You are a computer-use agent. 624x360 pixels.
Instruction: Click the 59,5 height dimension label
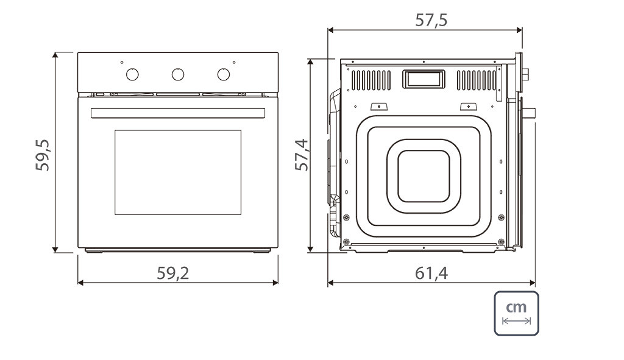pos(42,155)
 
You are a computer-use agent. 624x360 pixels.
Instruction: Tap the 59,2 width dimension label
pos(172,273)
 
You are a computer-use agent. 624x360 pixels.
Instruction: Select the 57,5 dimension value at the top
pos(431,20)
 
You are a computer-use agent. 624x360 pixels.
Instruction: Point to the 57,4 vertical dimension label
pos(302,155)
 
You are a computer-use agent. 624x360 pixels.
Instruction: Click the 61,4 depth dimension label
pos(431,274)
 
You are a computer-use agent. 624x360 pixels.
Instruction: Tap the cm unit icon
pos(516,314)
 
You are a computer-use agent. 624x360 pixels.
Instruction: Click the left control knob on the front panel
pos(132,74)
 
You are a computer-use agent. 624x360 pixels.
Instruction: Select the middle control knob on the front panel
pos(178,74)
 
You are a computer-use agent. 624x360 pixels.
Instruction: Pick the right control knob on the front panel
pos(224,74)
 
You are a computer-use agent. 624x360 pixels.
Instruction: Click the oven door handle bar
pos(178,113)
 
